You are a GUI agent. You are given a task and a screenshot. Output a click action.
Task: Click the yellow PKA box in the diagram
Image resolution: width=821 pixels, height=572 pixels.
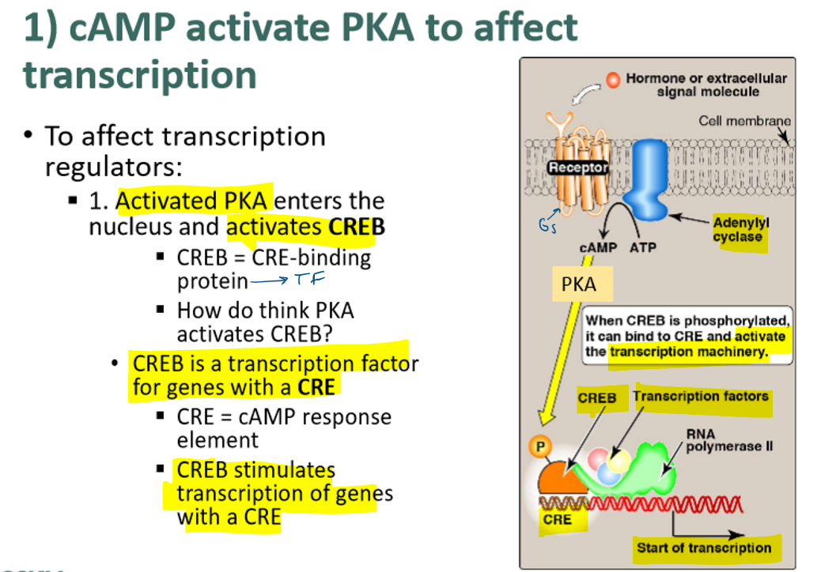[x=581, y=284]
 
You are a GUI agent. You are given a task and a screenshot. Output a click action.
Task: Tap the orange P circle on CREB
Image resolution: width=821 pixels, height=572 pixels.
[x=540, y=446]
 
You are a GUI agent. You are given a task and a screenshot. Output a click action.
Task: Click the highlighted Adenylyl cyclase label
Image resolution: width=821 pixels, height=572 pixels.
[x=739, y=230]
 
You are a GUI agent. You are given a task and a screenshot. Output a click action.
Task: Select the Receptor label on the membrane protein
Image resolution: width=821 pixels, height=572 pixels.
[x=578, y=167]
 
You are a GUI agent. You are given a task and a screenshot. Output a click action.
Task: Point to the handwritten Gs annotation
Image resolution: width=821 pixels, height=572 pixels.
[x=548, y=227]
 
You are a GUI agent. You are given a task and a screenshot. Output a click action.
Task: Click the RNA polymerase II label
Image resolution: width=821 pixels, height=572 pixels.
[x=728, y=440]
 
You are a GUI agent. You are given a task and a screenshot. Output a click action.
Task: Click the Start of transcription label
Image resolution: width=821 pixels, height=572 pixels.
[x=703, y=548]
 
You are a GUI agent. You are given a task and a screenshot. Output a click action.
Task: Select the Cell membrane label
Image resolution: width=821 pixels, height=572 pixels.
[x=744, y=121]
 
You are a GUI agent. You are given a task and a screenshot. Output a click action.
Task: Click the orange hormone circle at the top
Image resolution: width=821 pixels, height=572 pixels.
[x=613, y=80]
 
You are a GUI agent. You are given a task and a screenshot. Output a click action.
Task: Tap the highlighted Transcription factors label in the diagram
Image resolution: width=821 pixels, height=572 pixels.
[x=701, y=397]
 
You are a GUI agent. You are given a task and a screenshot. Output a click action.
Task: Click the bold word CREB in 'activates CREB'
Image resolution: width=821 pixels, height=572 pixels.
[x=356, y=228]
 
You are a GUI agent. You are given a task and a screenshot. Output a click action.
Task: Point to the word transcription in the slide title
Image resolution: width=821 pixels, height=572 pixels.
[x=140, y=75]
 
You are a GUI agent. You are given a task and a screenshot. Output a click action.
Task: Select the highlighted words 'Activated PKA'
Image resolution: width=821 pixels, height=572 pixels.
[x=191, y=201]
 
